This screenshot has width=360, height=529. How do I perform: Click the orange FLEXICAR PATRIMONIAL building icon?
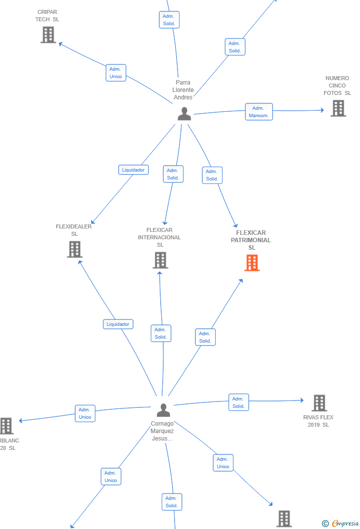coord(252,263)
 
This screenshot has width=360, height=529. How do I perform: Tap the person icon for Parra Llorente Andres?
coord(184,114)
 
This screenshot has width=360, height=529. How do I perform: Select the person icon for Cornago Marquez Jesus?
coord(164,410)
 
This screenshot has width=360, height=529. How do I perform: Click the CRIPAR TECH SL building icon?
coord(48,35)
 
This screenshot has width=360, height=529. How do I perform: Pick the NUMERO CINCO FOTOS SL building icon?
coord(338,108)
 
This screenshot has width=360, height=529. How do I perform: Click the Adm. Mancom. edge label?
coord(259,112)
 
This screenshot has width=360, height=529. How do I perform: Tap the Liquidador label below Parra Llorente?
coord(134,170)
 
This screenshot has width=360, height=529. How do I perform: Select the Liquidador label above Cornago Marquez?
coord(118,324)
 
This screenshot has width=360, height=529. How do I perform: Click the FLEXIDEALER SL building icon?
coord(75,249)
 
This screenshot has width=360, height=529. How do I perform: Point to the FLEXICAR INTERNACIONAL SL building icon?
coord(160,260)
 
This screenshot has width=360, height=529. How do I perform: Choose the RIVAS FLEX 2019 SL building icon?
coord(319,403)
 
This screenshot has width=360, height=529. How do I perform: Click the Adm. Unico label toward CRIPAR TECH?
coord(116,73)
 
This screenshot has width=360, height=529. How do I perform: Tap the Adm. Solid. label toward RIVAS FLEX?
coord(238,402)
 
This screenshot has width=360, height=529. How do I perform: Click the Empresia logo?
coord(340,523)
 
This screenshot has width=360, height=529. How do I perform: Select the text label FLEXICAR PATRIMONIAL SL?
coord(251,240)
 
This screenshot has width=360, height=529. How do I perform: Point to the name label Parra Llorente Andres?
coord(183,90)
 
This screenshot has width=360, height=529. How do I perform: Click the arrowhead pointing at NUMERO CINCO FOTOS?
coord(322,110)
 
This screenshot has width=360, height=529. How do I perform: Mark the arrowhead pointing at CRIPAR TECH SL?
coord(60,44)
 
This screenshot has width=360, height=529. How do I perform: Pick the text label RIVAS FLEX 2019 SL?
coord(318,421)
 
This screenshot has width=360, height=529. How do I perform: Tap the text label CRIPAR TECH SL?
coord(47,15)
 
